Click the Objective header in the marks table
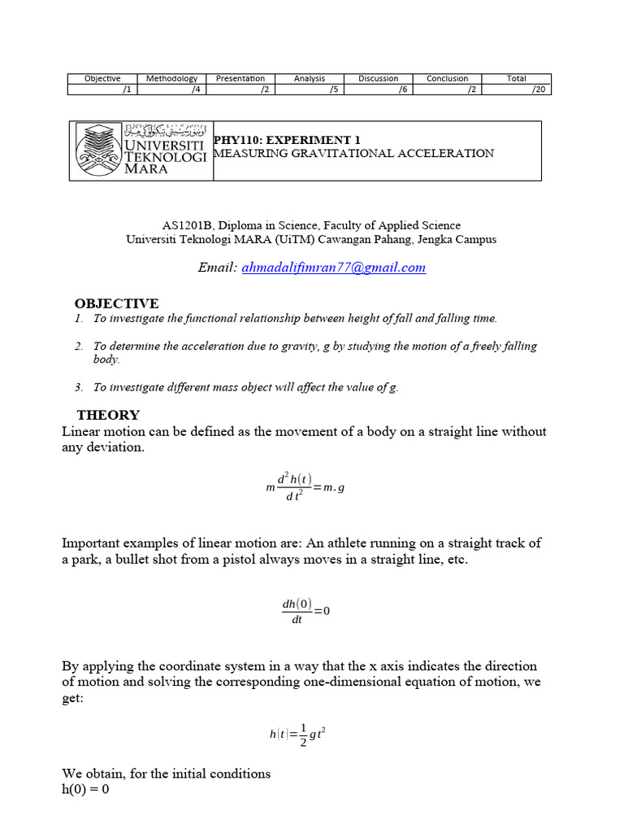point(102,78)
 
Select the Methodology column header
point(171,78)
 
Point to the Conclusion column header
point(448,78)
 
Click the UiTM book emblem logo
point(98,150)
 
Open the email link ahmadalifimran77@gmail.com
point(333,268)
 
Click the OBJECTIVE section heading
point(117,303)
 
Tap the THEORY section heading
point(108,415)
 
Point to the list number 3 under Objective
point(78,387)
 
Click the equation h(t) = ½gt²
point(298,734)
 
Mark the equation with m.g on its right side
point(305,488)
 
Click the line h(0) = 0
point(86,788)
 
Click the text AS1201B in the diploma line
point(185,225)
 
